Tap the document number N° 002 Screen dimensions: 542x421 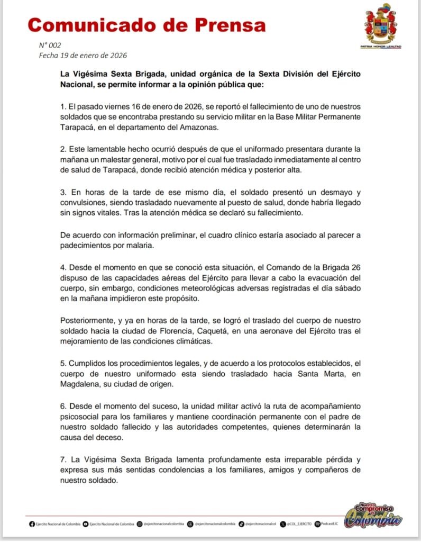(50, 46)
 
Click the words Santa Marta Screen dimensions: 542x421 (307, 375)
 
